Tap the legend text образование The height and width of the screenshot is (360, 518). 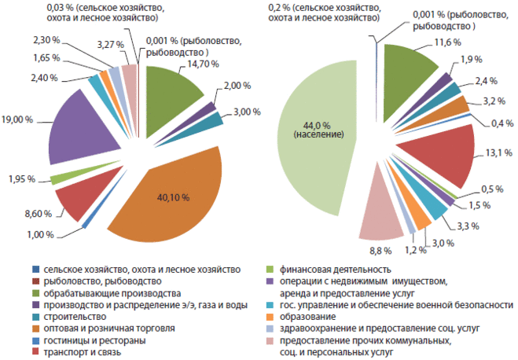[312, 316]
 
